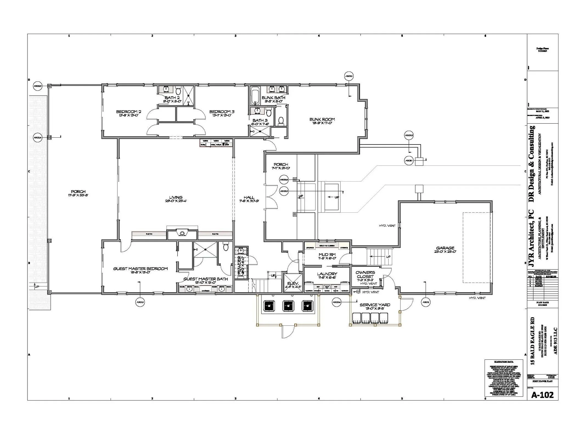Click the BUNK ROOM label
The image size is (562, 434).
coord(322,120)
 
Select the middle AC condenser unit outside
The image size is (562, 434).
coord(287,305)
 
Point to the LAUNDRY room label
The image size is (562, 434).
coord(327,274)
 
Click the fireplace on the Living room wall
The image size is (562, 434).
coord(182,234)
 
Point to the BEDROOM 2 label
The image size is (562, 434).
coord(128,112)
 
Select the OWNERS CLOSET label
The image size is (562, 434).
coord(365,274)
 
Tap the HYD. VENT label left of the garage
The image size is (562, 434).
coord(387,226)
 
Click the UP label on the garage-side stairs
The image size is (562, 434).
coord(388,257)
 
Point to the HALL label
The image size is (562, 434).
coord(249,197)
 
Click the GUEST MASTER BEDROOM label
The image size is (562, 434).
coord(140,269)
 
